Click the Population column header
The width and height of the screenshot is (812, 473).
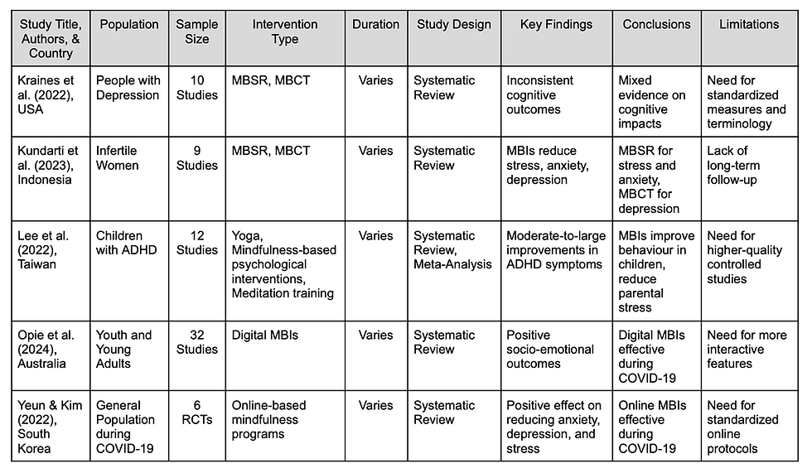(x=129, y=25)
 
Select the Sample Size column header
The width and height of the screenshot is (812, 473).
(x=196, y=31)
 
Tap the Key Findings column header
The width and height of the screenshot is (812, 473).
(x=556, y=25)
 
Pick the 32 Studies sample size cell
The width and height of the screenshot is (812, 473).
(x=196, y=342)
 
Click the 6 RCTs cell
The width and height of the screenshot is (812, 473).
(x=196, y=413)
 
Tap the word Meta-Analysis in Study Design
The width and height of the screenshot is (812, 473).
(x=452, y=264)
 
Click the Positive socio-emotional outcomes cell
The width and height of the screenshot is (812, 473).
(x=550, y=349)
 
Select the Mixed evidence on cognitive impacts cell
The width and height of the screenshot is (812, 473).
(x=652, y=102)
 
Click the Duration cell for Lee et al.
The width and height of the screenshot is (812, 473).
(x=375, y=236)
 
